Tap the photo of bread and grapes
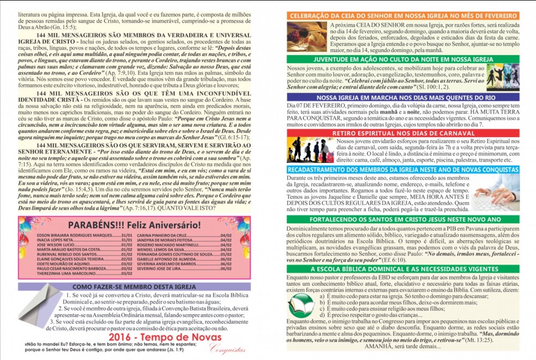coord(307,36)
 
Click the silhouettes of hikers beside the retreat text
coord(310,151)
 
